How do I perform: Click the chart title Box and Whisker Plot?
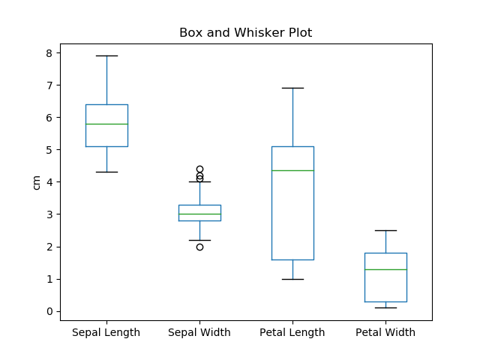(x=245, y=33)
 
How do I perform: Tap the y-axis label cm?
(x=36, y=182)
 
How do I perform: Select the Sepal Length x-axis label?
(x=106, y=332)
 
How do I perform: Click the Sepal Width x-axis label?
(x=199, y=332)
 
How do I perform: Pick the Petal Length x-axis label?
(x=292, y=332)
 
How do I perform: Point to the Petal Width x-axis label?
(x=385, y=332)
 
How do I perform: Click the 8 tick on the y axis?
(x=49, y=53)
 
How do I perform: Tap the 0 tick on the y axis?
(x=49, y=311)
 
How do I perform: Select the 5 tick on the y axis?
(x=49, y=150)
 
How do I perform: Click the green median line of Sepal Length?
(x=106, y=124)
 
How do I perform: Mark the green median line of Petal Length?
(x=292, y=170)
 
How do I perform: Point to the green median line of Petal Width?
(x=385, y=269)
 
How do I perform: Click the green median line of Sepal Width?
(x=199, y=214)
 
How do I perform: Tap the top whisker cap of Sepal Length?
(x=106, y=56)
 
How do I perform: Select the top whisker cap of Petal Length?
(x=292, y=88)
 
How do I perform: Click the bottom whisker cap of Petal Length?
(x=292, y=279)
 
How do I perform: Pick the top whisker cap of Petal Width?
(x=385, y=230)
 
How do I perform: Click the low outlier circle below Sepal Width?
(x=199, y=247)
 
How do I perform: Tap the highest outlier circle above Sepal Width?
(x=199, y=169)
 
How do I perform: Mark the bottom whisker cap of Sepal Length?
(x=106, y=172)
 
